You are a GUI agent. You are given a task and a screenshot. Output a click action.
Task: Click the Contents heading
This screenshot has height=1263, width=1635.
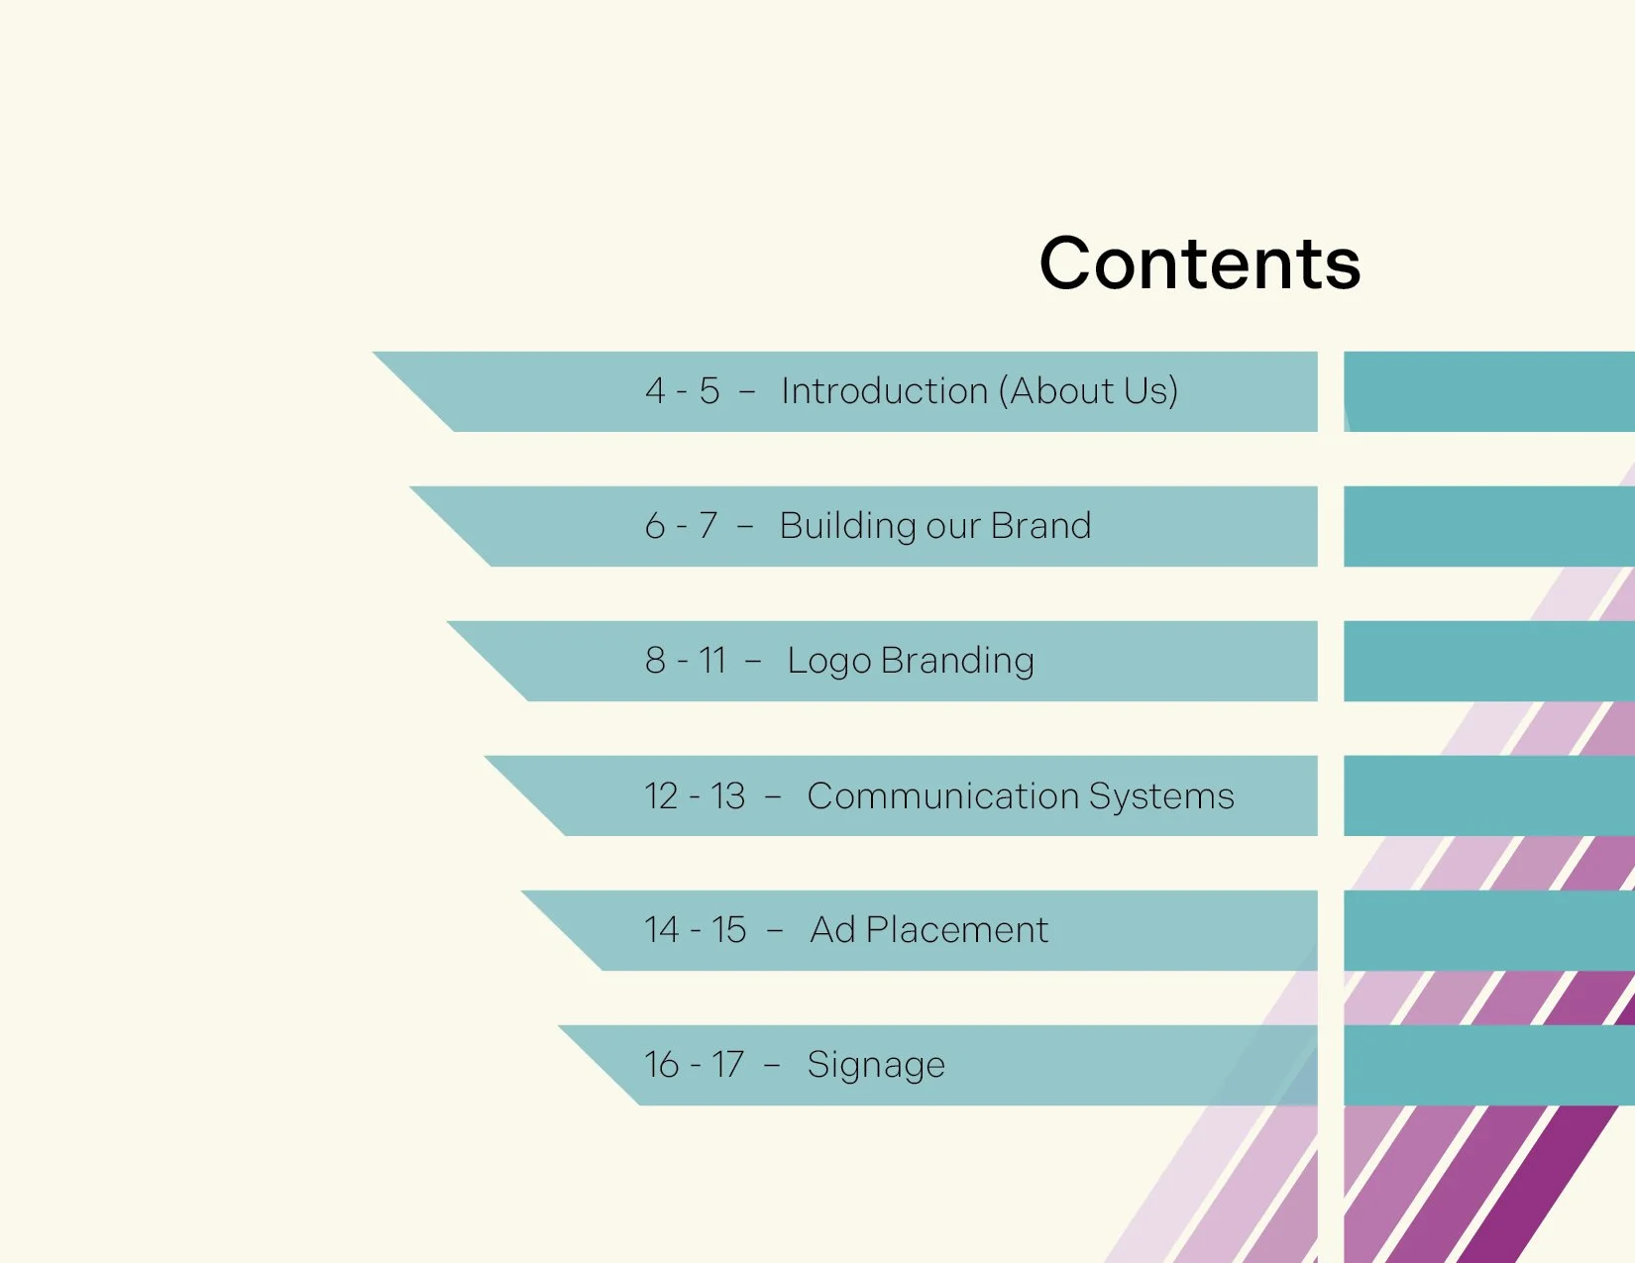[1199, 263]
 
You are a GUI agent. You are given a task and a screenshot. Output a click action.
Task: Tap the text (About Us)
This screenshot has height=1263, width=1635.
[1088, 391]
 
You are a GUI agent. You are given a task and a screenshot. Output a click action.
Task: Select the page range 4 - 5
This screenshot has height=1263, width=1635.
[682, 391]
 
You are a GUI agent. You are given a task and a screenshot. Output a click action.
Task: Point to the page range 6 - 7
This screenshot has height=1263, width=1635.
[681, 526]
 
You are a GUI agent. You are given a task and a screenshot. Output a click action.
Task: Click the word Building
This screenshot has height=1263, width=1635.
[847, 526]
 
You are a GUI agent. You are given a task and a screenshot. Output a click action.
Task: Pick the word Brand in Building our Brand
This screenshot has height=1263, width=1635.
[1040, 526]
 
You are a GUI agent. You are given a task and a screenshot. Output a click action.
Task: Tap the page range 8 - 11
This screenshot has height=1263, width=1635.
[686, 661]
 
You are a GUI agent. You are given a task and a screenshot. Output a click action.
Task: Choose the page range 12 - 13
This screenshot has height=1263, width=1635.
[695, 796]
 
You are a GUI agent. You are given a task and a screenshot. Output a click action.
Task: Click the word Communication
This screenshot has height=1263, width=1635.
[942, 796]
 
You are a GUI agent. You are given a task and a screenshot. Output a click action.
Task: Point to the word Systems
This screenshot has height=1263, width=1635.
[1161, 796]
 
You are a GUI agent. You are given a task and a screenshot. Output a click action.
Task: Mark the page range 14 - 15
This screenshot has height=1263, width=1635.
[695, 930]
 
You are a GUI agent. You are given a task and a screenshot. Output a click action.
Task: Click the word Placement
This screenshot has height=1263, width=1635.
[956, 930]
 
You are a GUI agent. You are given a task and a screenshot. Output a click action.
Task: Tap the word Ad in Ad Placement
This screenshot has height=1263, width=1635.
[832, 930]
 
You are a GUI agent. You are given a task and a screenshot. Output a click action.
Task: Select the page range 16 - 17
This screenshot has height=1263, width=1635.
[694, 1065]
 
